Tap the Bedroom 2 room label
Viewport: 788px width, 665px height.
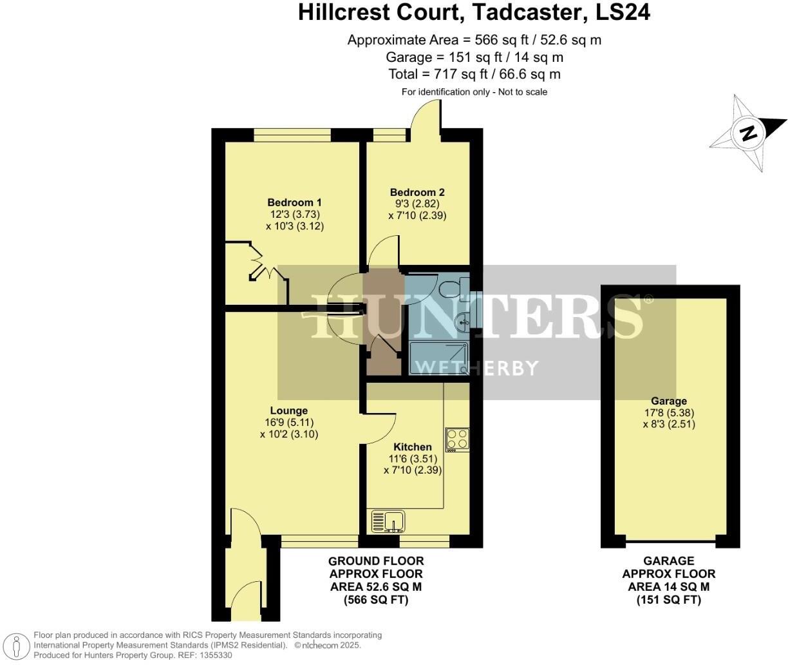tap(417, 192)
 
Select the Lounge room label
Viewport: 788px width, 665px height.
tap(288, 410)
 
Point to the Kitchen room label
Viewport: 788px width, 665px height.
tap(413, 447)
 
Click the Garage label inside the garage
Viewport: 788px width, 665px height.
tap(669, 401)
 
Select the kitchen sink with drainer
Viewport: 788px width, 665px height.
tap(387, 521)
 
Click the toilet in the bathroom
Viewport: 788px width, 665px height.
tap(453, 287)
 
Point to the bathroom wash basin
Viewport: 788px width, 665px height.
tap(462, 320)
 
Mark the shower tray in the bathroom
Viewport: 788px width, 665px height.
tap(438, 358)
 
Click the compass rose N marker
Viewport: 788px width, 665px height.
tap(748, 133)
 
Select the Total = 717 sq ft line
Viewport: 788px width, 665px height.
tap(474, 74)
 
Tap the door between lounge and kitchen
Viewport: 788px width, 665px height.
tap(380, 427)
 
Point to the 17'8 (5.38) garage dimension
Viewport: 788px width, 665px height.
tap(668, 413)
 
